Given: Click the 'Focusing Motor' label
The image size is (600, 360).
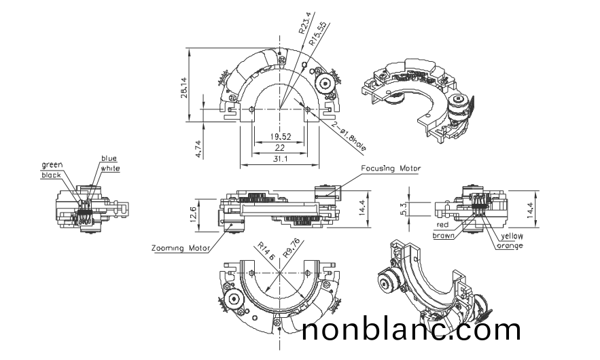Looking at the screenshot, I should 391,168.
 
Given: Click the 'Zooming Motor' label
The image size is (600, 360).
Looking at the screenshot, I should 177,249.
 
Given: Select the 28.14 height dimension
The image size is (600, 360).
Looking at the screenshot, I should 184,86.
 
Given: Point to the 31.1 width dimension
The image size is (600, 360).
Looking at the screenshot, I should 279,158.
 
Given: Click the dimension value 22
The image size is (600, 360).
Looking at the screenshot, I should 279,147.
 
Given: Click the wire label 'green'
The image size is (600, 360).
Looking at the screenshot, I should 52,165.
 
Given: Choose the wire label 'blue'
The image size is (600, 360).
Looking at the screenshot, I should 109,159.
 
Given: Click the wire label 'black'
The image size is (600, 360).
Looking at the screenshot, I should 50,175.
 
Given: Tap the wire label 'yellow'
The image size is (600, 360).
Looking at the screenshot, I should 512,236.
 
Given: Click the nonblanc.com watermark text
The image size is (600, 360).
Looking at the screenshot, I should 411,330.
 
